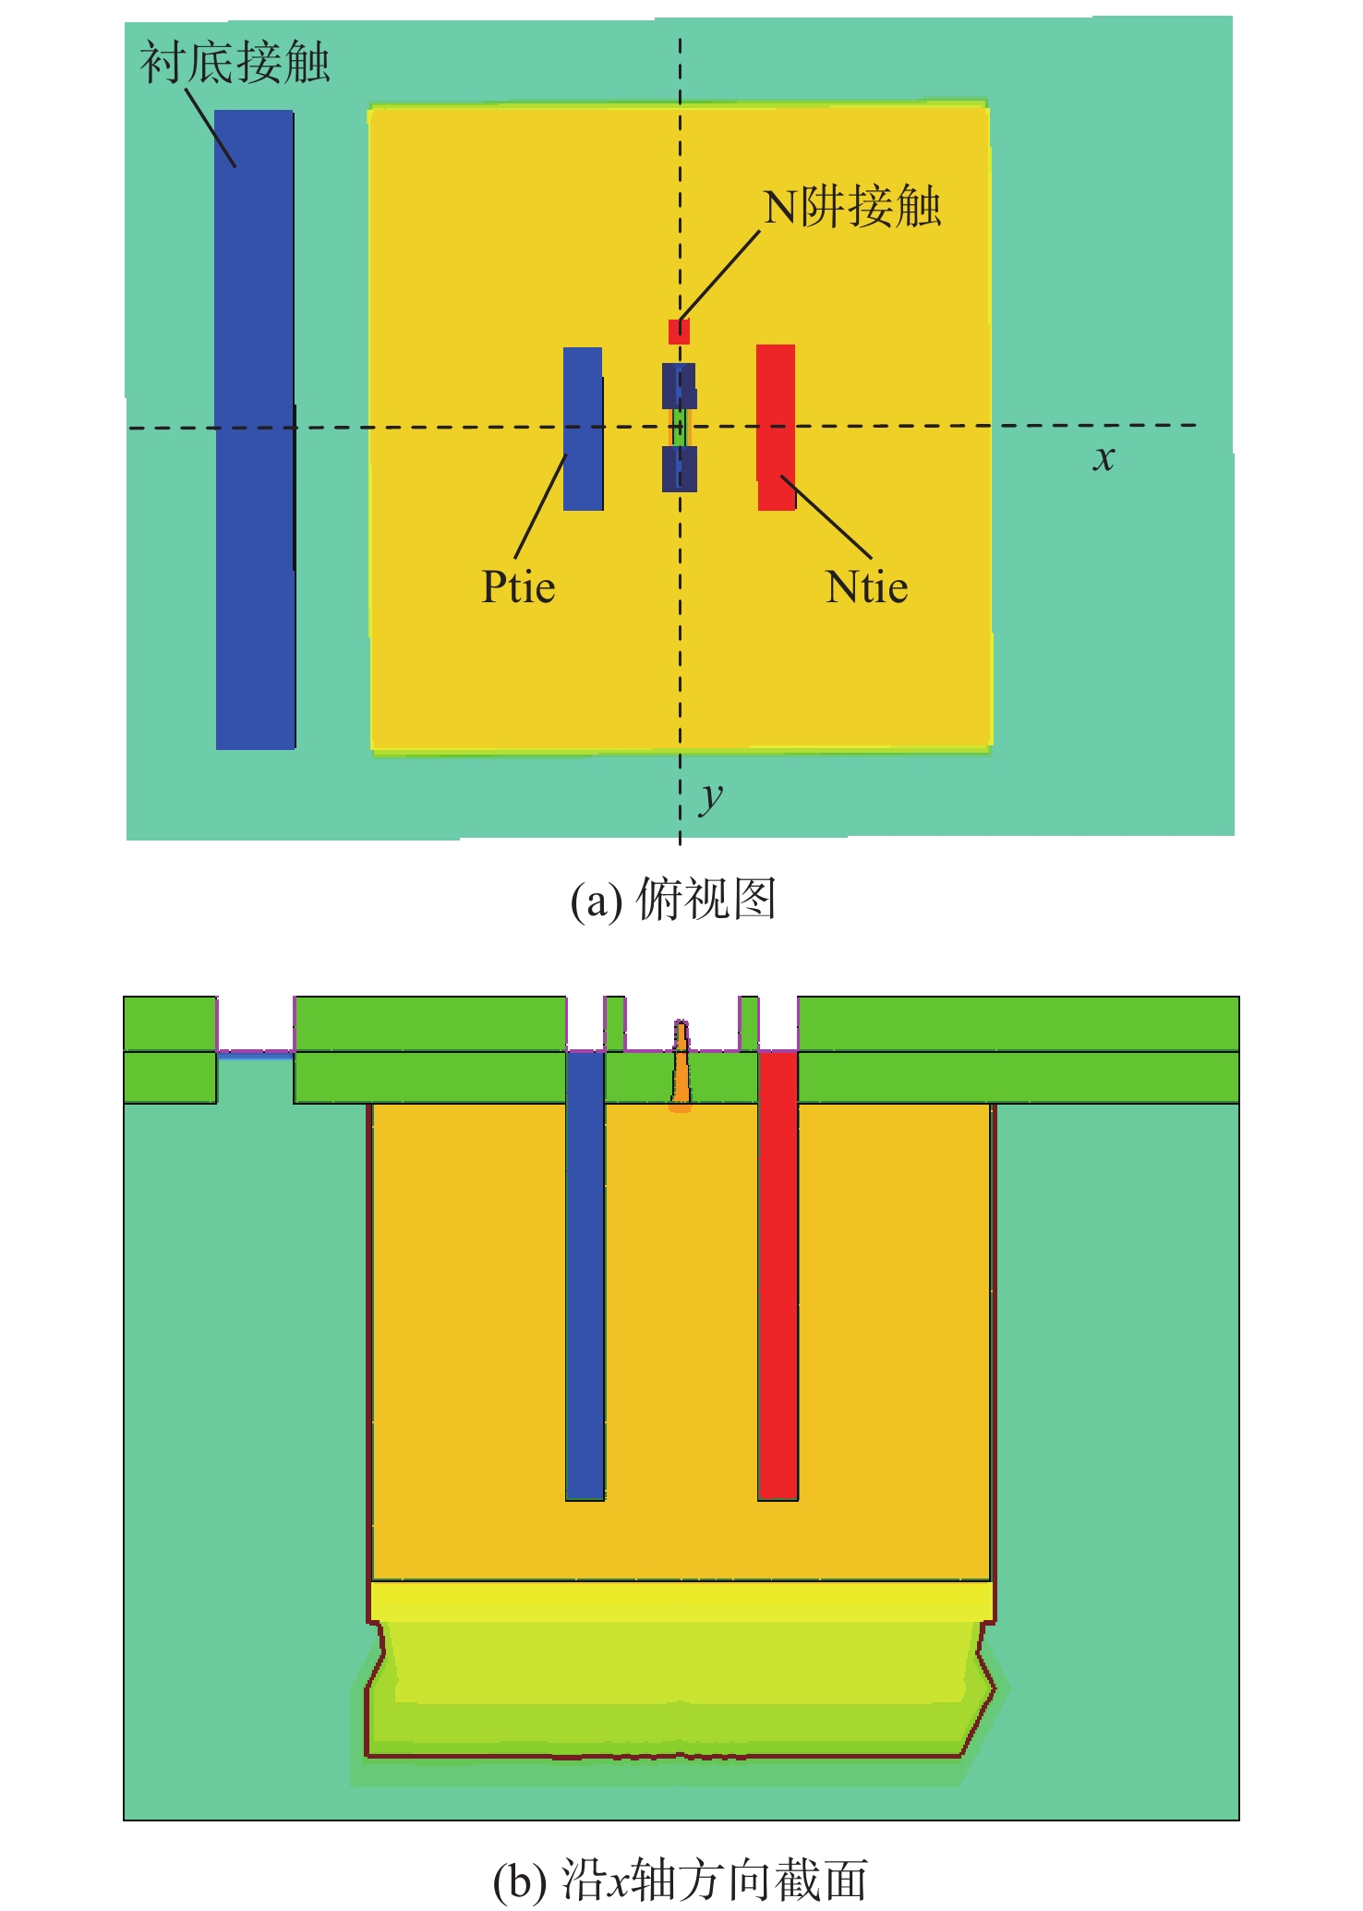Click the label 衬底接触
[235, 63]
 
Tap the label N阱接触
[851, 206]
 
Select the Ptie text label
[518, 587]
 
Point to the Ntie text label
[866, 587]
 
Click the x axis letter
[1104, 457]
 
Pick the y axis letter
[710, 796]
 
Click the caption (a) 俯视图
[673, 900]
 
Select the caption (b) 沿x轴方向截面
[681, 1881]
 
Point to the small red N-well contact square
[679, 332]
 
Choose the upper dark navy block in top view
[679, 385]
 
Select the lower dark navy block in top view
[679, 469]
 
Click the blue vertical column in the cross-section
[585, 1275]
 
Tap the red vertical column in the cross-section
[778, 1275]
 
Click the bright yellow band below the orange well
[681, 1601]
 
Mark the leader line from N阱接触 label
[720, 274]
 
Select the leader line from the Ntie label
[826, 516]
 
